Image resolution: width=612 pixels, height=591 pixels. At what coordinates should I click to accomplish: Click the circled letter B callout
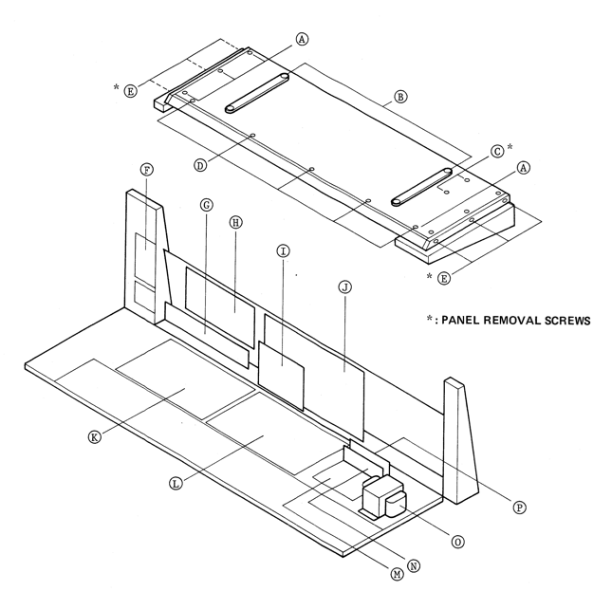(400, 97)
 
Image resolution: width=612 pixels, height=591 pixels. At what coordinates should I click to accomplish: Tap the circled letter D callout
(200, 165)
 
